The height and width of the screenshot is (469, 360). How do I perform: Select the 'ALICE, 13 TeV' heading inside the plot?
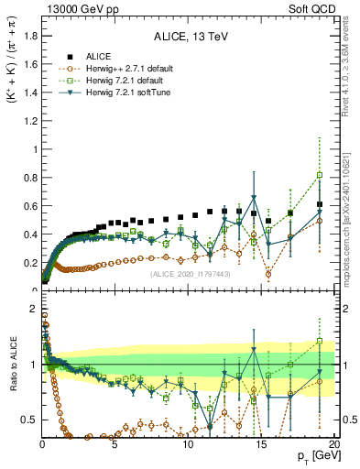tap(188, 38)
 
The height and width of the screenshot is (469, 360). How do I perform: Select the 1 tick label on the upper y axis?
tap(33, 149)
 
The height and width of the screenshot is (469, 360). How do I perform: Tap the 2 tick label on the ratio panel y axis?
tap(33, 309)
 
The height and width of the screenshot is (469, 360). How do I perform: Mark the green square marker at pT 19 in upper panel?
tap(319, 175)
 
